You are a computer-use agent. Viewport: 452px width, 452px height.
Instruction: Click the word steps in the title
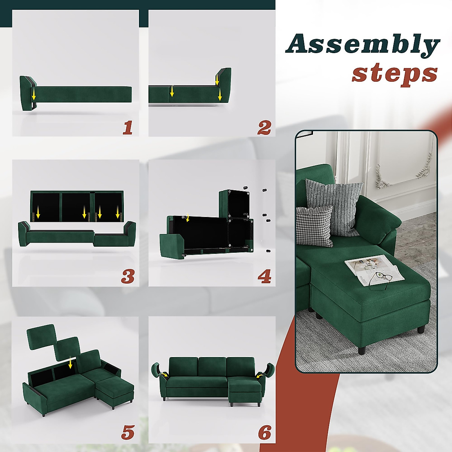(394, 73)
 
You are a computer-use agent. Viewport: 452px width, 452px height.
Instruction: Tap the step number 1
(128, 128)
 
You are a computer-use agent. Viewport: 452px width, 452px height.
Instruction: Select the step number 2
(264, 128)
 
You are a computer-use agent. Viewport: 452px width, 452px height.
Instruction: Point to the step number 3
(128, 277)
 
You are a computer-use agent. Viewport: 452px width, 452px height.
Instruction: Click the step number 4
(264, 277)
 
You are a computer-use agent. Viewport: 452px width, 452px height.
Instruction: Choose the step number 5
(128, 432)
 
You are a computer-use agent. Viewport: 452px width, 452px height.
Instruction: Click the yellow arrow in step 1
(34, 93)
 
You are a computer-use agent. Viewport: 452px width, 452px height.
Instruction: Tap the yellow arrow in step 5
(70, 363)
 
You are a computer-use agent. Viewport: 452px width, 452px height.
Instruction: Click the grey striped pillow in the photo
(333, 203)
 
